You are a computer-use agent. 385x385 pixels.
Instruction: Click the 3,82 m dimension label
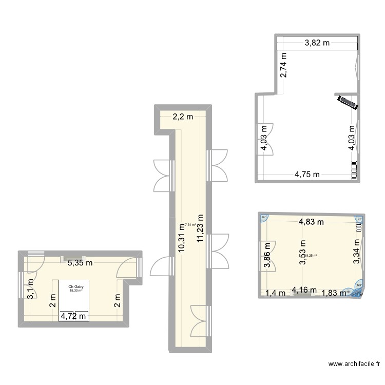(x=317, y=44)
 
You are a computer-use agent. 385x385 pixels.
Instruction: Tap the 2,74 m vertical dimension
(x=283, y=65)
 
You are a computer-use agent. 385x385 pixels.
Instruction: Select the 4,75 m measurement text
(x=307, y=174)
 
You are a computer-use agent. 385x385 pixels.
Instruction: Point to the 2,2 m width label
(x=182, y=117)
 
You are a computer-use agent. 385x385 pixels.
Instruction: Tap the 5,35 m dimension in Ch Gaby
(x=81, y=263)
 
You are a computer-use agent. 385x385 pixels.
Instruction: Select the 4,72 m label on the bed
(x=74, y=315)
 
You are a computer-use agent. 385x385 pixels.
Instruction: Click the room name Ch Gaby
(x=76, y=287)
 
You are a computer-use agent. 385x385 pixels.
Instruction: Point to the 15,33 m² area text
(x=76, y=291)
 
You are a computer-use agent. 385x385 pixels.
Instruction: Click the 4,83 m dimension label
(x=312, y=222)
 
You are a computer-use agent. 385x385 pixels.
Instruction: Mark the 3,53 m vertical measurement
(x=302, y=254)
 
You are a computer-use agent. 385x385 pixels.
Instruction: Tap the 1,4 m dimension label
(x=274, y=293)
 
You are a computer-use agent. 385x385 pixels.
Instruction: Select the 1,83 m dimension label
(x=333, y=293)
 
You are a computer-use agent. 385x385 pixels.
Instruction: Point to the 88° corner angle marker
(x=264, y=218)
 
